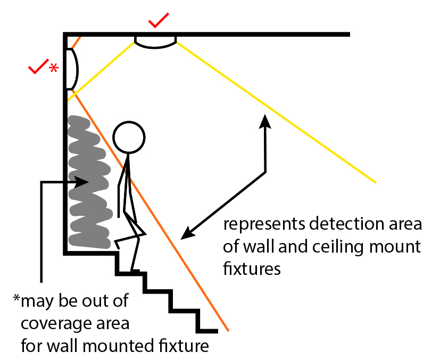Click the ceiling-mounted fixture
click(x=155, y=42)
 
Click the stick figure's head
click(x=129, y=137)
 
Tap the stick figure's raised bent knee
click(x=143, y=232)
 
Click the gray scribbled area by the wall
click(x=89, y=183)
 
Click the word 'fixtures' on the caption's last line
click(x=252, y=269)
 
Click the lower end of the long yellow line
click(x=376, y=182)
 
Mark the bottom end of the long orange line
click(x=228, y=331)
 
